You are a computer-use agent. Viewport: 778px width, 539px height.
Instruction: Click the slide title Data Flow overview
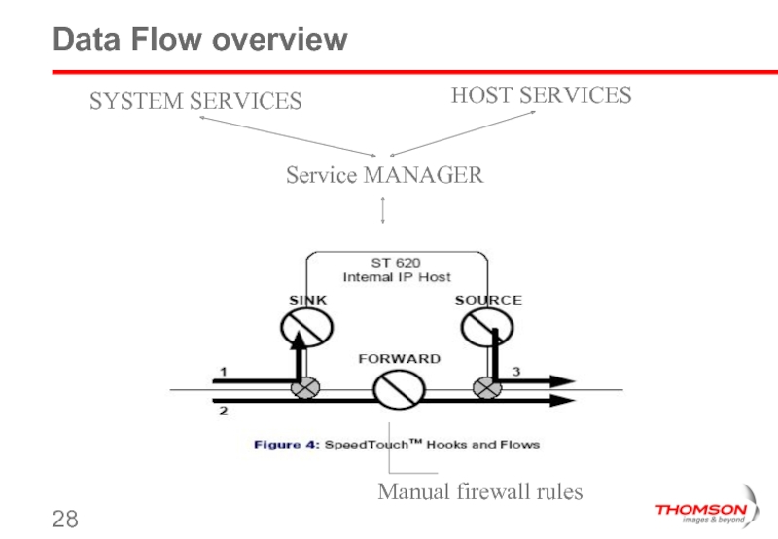click(x=199, y=40)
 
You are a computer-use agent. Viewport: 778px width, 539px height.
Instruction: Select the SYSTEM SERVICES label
click(x=195, y=101)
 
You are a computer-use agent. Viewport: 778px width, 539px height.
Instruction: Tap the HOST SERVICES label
click(x=541, y=95)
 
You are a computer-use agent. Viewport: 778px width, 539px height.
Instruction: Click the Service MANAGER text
click(x=384, y=176)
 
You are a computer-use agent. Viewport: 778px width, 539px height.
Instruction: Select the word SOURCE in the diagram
click(x=488, y=300)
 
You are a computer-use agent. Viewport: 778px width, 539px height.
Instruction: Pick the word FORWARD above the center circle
click(x=399, y=359)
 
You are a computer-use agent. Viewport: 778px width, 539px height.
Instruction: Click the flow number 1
click(x=223, y=372)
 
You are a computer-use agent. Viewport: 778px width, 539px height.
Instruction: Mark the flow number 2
click(x=223, y=412)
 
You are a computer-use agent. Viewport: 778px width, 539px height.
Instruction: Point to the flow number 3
click(x=516, y=372)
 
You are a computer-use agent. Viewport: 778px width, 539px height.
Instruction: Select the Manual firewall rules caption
click(x=479, y=492)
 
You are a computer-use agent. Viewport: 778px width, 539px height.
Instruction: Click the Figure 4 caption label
click(x=286, y=445)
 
